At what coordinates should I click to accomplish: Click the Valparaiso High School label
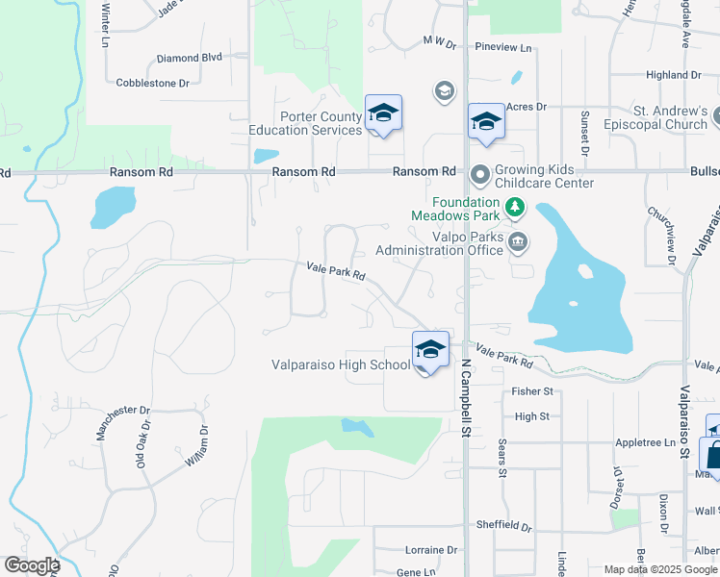click(341, 365)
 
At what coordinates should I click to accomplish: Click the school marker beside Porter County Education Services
click(383, 114)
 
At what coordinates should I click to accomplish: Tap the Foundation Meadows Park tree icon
click(515, 206)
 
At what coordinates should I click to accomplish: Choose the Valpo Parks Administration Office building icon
click(518, 240)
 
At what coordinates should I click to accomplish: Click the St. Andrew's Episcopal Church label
click(671, 117)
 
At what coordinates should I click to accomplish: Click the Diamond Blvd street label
click(190, 58)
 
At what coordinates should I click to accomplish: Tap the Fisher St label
click(532, 392)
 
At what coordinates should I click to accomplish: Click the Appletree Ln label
click(644, 443)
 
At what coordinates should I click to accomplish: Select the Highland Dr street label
click(674, 75)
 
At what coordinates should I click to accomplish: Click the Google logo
click(32, 565)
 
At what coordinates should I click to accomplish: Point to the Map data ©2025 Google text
click(660, 569)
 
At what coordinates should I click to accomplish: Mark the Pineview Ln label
click(504, 47)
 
